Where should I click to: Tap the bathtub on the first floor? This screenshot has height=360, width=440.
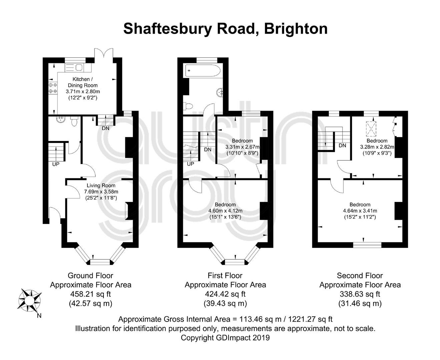click(202, 70)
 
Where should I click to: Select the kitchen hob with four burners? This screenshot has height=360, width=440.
click(53, 88)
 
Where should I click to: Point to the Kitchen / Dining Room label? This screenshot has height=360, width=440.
click(83, 82)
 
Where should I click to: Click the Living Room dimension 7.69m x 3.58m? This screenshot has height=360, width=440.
click(101, 191)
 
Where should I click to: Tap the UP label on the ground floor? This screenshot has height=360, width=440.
click(56, 164)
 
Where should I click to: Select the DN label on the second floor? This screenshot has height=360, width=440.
click(342, 145)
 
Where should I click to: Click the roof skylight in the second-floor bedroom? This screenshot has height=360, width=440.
click(371, 129)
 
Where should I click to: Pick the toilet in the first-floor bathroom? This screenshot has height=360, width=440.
click(188, 106)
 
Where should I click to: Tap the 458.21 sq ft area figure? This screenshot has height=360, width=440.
click(90, 294)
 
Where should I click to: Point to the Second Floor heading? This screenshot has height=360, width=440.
click(360, 276)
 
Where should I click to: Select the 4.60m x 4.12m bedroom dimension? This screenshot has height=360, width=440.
click(225, 211)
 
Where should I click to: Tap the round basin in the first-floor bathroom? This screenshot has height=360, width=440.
click(220, 92)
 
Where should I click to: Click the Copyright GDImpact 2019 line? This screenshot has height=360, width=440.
click(225, 337)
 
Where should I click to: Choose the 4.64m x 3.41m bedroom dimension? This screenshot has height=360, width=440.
click(360, 211)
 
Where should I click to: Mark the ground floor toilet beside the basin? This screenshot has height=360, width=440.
click(74, 121)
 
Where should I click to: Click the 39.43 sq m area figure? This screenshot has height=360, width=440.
click(225, 303)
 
